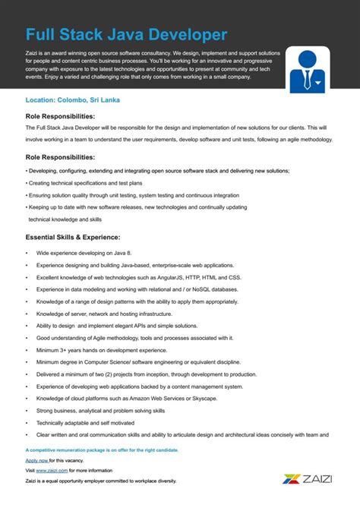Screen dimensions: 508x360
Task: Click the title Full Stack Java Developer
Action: coord(126,34)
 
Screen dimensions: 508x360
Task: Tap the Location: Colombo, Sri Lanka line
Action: coord(72,100)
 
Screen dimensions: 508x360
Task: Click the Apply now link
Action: coord(37,460)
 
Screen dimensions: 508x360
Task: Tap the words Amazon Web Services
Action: coord(153,398)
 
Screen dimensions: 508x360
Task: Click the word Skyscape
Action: coord(201,398)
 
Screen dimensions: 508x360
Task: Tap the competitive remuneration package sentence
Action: coord(102,450)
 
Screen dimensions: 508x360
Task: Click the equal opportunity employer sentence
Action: coord(100,481)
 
